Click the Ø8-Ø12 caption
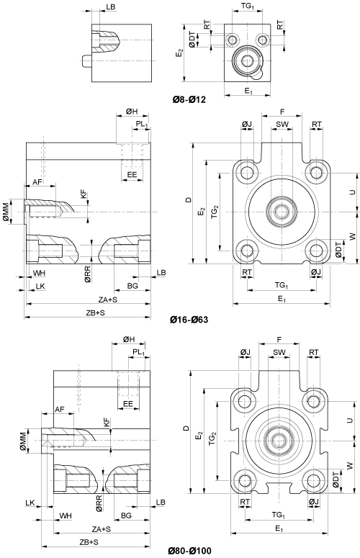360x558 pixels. point(189,99)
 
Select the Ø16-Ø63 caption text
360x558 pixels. point(189,320)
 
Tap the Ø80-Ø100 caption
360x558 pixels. point(189,552)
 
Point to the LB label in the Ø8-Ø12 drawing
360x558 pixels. point(111,7)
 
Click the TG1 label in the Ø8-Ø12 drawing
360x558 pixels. point(248,5)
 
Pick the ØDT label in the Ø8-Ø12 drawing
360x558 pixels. point(192,39)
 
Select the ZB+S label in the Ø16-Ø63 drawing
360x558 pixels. point(95,312)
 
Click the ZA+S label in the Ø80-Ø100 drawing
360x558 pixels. point(102,529)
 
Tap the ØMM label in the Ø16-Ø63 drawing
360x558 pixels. point(6,212)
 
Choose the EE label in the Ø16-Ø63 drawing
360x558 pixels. point(132,175)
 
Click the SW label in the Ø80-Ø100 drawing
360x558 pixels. point(279,352)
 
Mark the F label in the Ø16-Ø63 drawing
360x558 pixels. point(282,112)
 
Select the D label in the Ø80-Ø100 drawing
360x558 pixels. point(186,428)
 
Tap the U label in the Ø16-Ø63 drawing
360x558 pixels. point(353,192)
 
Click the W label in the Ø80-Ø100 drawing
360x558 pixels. point(351,465)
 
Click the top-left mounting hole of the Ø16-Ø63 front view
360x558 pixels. point(247,173)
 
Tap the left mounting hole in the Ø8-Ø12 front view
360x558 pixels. point(233,39)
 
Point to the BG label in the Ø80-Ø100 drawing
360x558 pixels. point(126,516)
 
